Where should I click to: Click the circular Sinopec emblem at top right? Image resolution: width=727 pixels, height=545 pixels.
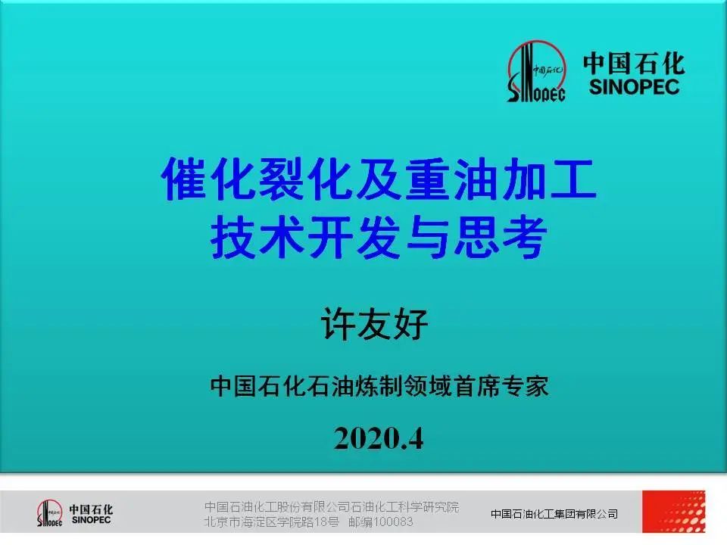(536, 71)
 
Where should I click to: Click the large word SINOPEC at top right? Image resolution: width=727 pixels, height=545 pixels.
(634, 86)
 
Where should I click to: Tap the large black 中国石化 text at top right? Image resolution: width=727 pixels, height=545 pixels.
(634, 63)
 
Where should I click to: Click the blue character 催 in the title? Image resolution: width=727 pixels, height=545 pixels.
(185, 179)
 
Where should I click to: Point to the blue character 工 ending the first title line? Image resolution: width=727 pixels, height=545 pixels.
(573, 179)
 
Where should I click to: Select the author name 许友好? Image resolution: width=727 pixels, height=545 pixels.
(374, 324)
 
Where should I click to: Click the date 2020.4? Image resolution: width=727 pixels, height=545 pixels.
(379, 438)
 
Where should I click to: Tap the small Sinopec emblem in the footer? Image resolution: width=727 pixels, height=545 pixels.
(50, 513)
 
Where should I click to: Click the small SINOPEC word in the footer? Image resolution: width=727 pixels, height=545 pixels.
(91, 521)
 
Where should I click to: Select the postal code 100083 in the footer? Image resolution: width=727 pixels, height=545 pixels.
(393, 522)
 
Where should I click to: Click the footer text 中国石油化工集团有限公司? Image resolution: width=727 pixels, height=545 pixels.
(554, 513)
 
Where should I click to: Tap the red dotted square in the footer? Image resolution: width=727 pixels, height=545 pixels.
(674, 512)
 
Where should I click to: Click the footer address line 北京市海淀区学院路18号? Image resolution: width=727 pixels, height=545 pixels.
(272, 522)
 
